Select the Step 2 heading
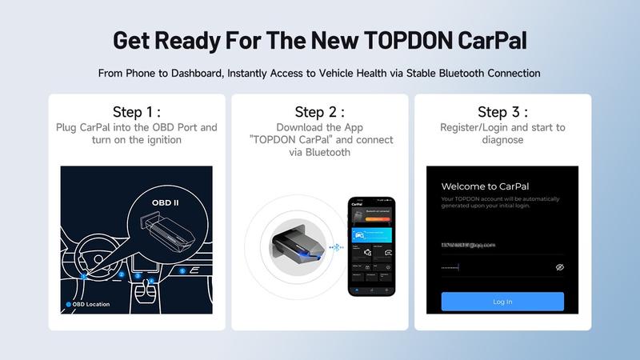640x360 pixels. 319,111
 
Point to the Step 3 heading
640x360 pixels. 502,111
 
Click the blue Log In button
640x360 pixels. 502,302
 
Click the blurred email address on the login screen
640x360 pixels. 468,244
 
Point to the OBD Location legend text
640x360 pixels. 90,304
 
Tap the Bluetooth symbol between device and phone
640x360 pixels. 335,247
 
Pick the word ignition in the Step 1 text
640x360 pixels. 182,139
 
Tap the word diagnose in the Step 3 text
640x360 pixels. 502,139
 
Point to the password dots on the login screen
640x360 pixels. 450,267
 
